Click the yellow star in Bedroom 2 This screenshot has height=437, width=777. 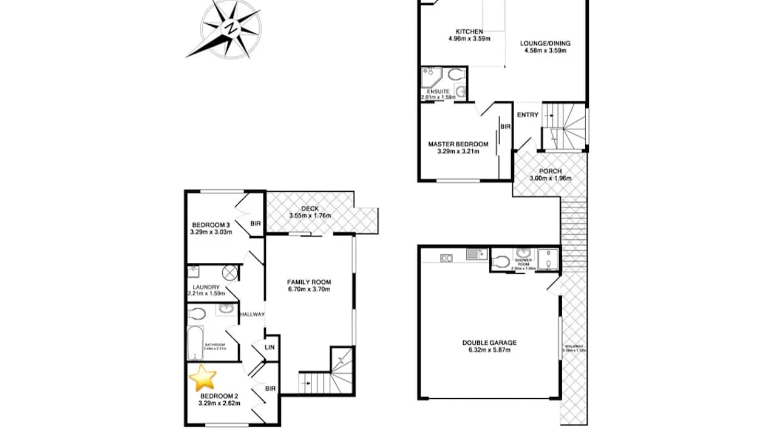click(x=203, y=378)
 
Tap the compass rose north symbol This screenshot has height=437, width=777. click(x=231, y=28)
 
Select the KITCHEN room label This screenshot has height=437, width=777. click(x=469, y=32)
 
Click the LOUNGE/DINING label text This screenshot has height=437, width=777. click(x=545, y=43)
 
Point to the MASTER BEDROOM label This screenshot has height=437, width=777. click(x=458, y=144)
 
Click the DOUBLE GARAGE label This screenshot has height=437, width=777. click(x=489, y=342)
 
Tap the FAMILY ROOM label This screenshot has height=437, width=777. click(x=309, y=282)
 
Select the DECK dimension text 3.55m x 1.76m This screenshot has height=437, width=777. click(x=310, y=215)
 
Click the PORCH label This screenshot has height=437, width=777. click(x=550, y=171)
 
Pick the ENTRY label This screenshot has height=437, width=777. click(x=528, y=115)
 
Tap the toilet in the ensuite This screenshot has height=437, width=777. click(x=456, y=75)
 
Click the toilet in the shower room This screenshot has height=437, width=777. click(x=500, y=262)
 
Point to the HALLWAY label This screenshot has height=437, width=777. click(x=252, y=314)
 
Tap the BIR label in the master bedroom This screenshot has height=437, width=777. click(x=506, y=127)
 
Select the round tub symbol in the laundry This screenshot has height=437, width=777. click(x=229, y=273)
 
